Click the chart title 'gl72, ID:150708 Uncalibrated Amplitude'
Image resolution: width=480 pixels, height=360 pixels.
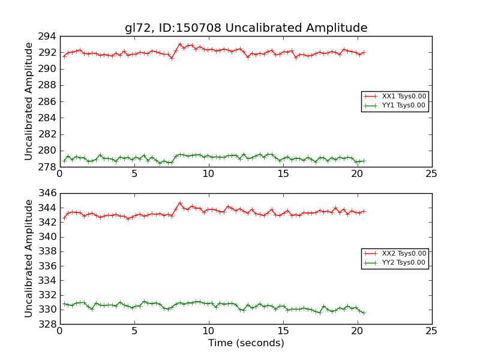[x=246, y=28]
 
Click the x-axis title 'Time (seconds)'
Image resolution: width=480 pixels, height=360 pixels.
[x=246, y=343]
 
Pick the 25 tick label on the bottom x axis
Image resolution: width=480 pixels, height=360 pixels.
[x=431, y=331]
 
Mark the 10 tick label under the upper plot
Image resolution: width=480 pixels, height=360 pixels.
[x=208, y=174]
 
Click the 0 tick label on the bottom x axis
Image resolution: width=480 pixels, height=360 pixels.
[x=59, y=331]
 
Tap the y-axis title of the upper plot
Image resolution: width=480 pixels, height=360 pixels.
[x=29, y=101]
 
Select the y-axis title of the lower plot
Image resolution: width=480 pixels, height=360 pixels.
[x=29, y=259]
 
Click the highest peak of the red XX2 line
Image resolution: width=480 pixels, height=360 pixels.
[x=179, y=203]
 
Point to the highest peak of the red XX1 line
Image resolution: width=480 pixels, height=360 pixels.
[x=179, y=44]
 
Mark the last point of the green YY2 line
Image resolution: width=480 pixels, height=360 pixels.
[x=364, y=313]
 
